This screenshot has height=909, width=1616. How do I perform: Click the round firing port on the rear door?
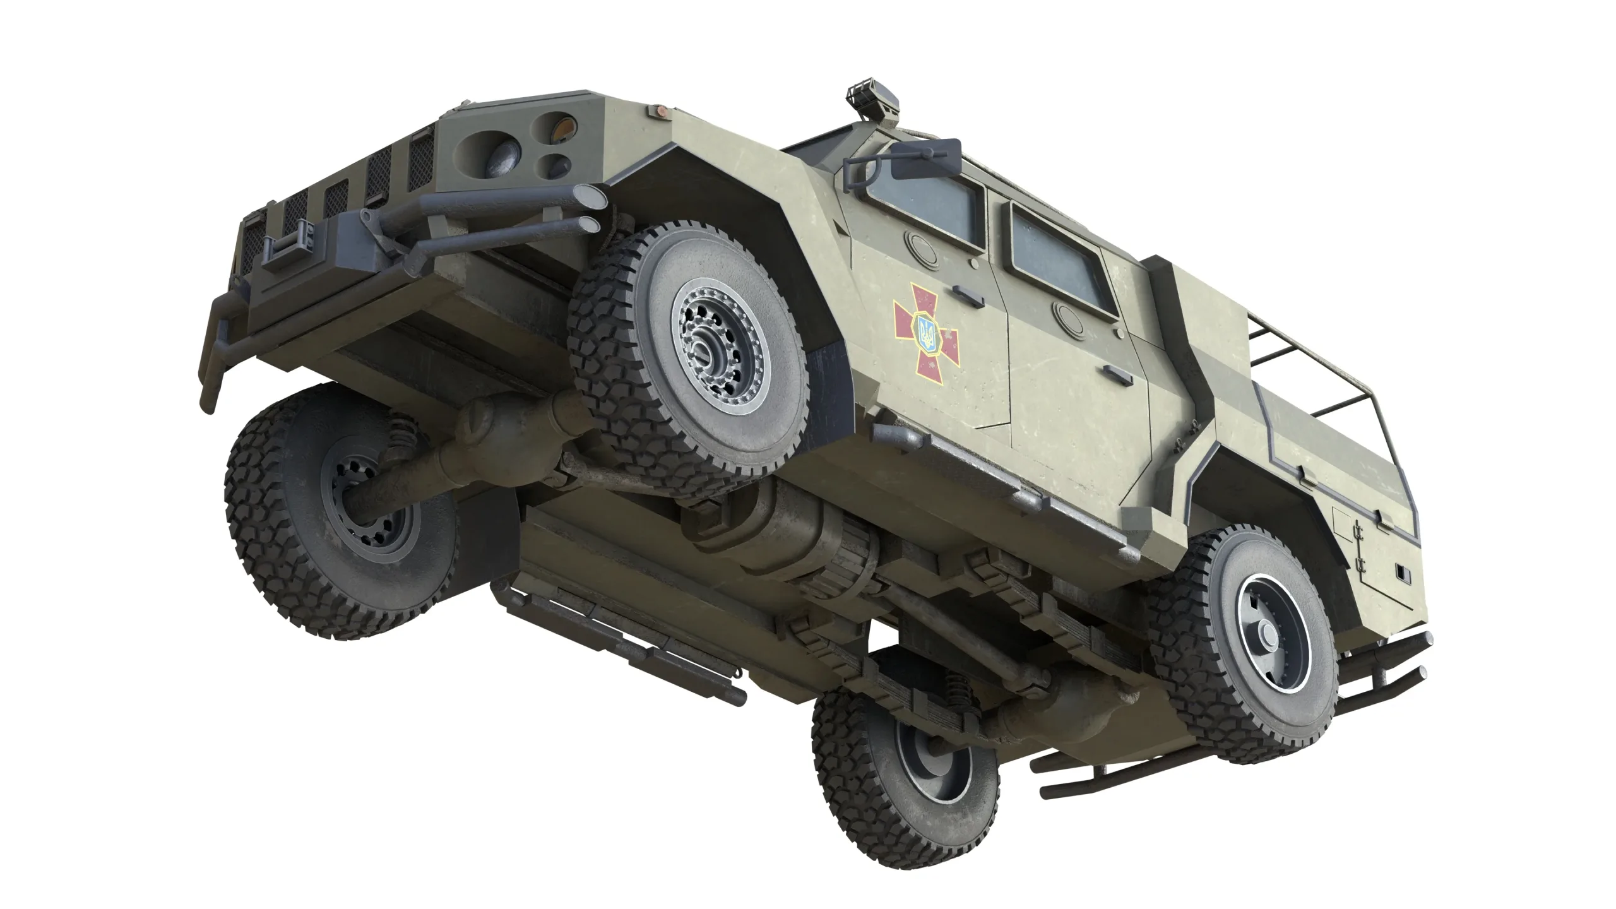(1067, 312)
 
